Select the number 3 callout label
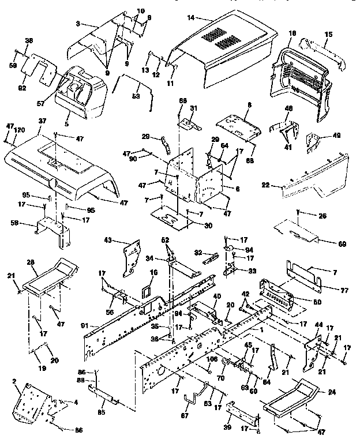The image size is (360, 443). [78, 24]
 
